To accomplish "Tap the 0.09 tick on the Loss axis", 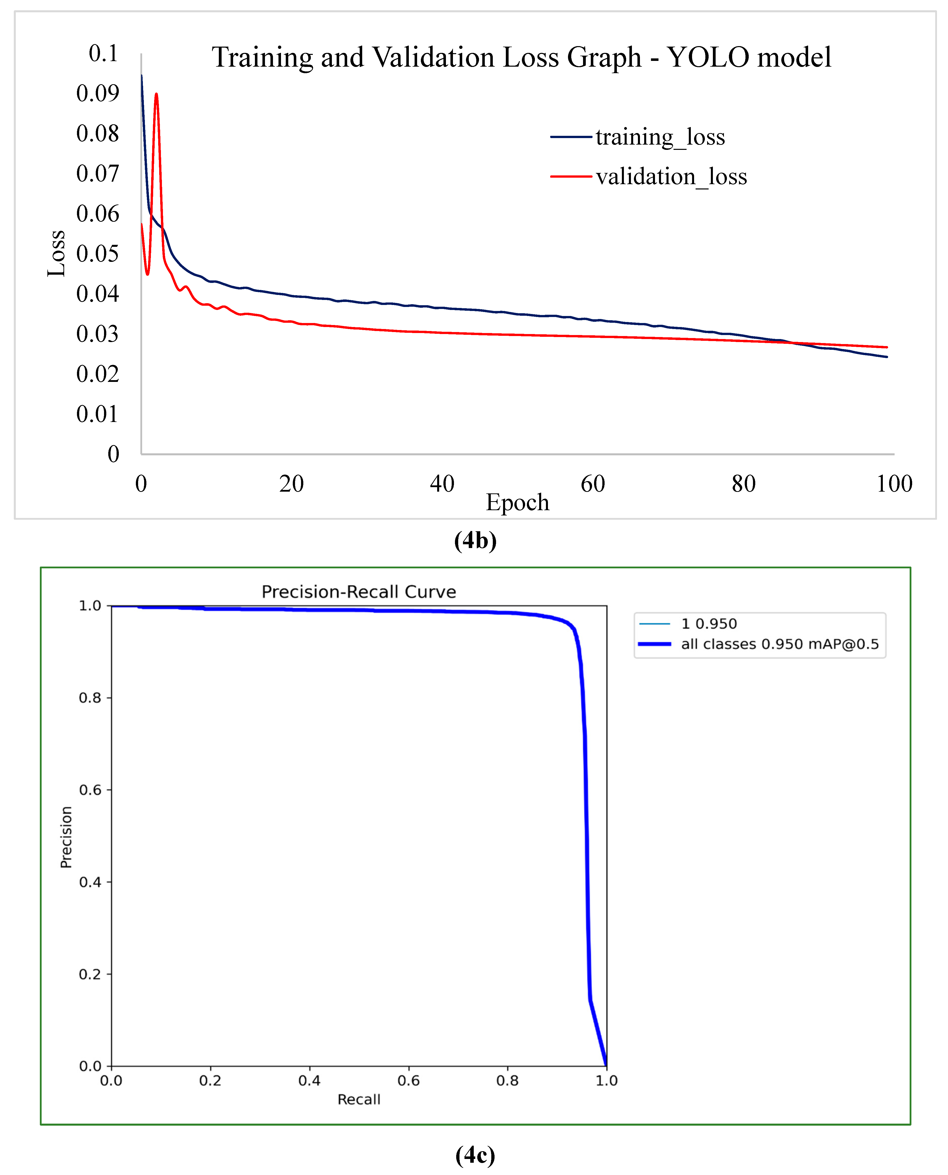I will click(x=98, y=93).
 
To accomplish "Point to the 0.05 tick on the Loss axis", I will click(x=98, y=253).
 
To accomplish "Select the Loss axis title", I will click(x=56, y=253).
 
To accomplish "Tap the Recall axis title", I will click(x=359, y=1099).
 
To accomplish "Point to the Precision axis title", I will click(x=66, y=837).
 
